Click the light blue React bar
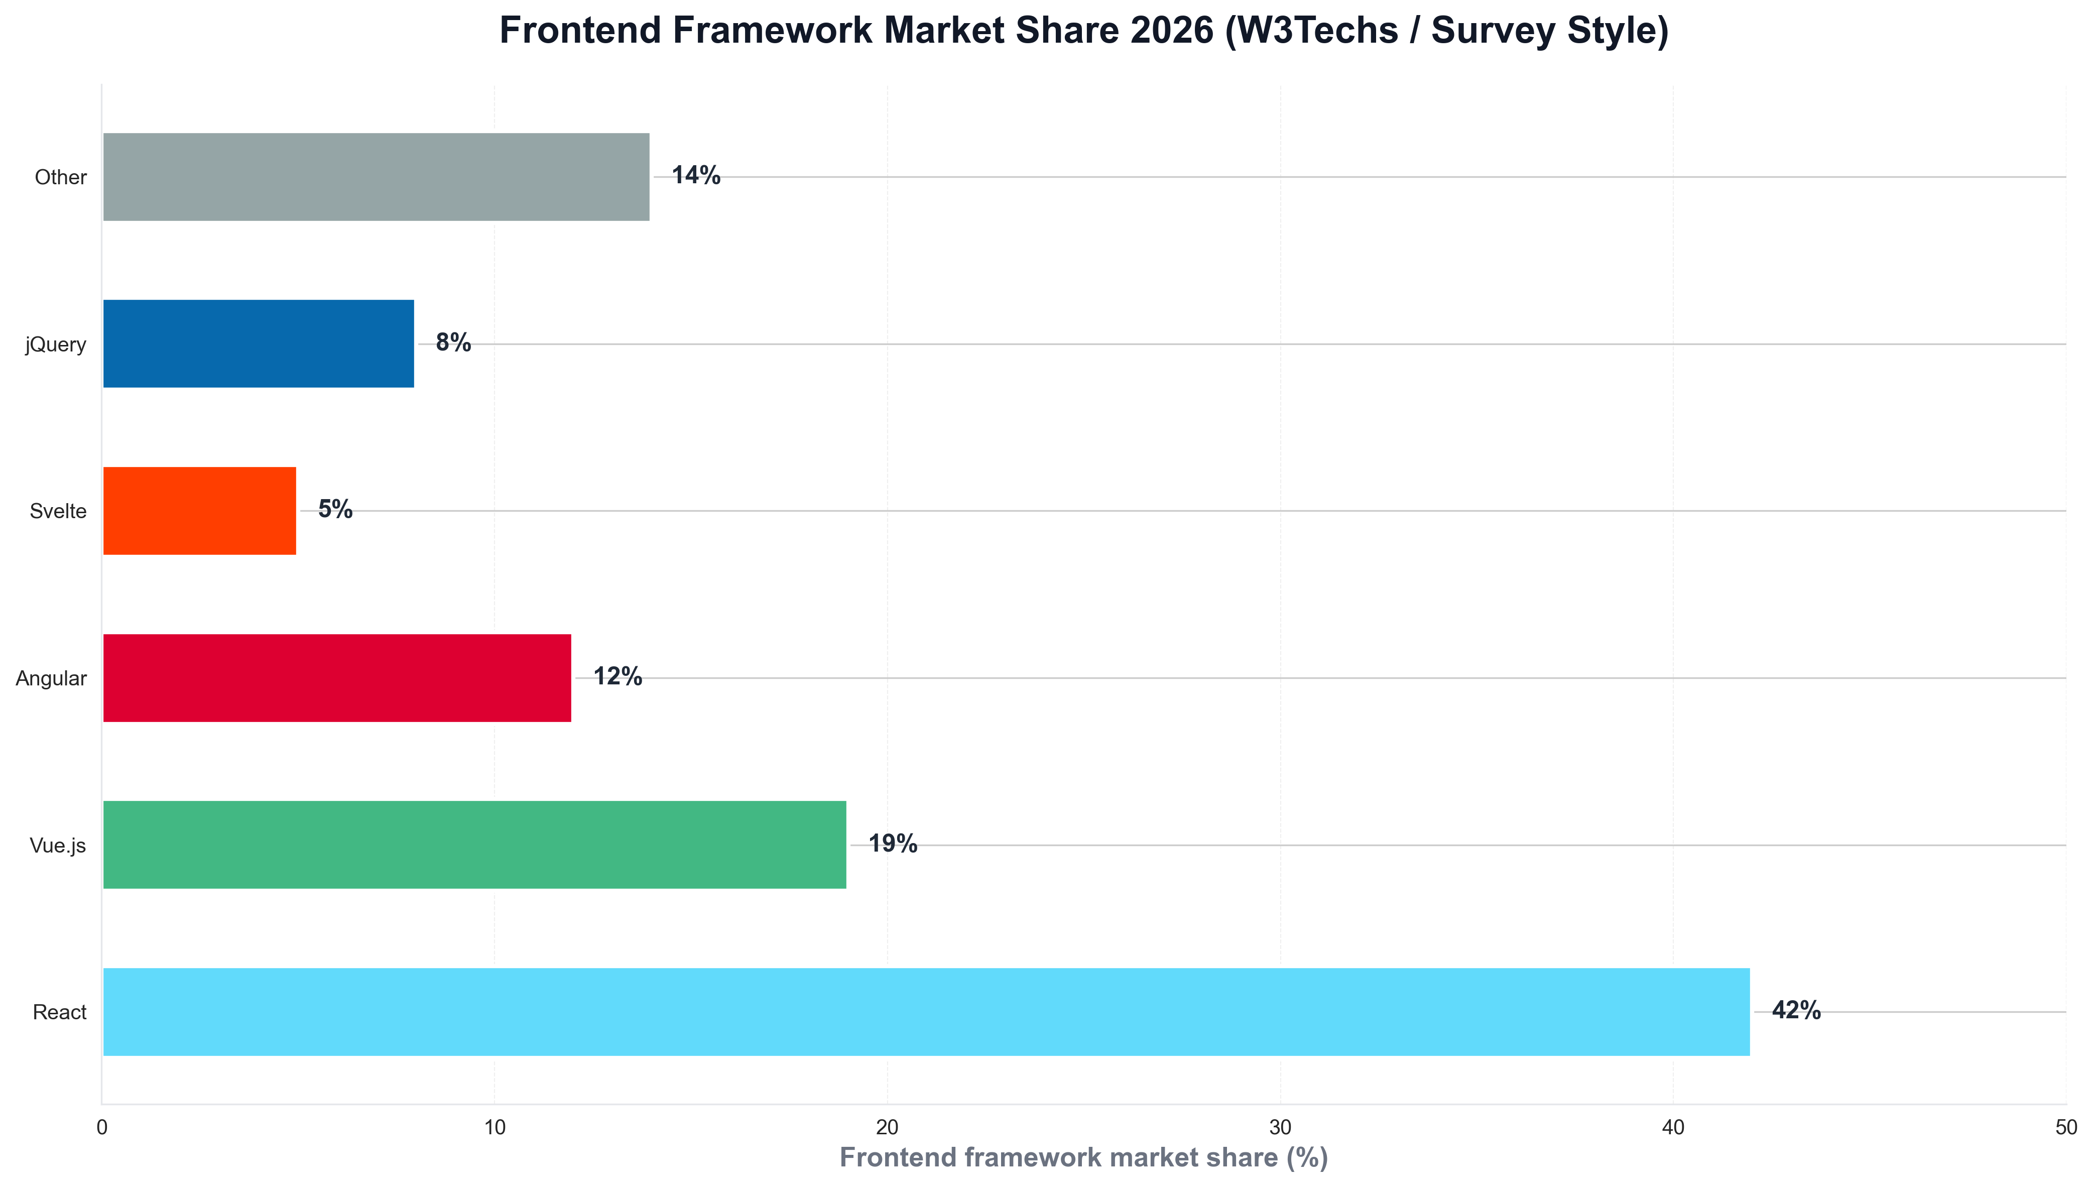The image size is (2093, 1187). pyautogui.click(x=926, y=1012)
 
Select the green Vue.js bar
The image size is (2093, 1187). pyautogui.click(x=474, y=845)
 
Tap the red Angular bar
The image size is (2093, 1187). pyautogui.click(x=336, y=677)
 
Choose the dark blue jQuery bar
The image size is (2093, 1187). pyautogui.click(x=259, y=343)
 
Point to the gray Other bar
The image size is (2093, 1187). pyautogui.click(x=376, y=177)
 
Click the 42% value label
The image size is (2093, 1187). pyautogui.click(x=1795, y=1010)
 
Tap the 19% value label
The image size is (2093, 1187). pyautogui.click(x=893, y=843)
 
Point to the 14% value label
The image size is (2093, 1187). pyautogui.click(x=695, y=175)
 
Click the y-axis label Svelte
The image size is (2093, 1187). pyautogui.click(x=58, y=511)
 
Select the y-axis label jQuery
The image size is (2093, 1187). pyautogui.click(x=55, y=344)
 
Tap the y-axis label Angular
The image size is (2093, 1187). pyautogui.click(x=51, y=678)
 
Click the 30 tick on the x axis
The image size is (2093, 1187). pyautogui.click(x=1280, y=1127)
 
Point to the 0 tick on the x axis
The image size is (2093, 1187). pyautogui.click(x=102, y=1127)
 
